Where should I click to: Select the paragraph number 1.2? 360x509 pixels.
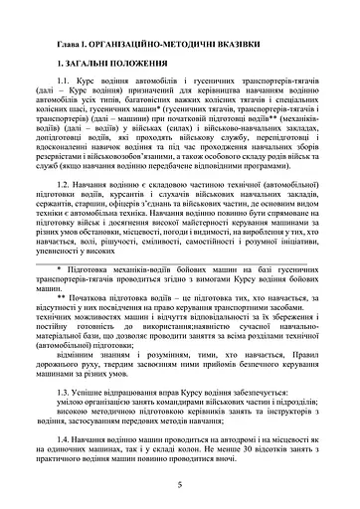click(x=67, y=185)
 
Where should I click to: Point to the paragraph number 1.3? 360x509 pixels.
click(x=67, y=394)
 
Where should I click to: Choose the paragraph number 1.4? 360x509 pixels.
click(x=67, y=438)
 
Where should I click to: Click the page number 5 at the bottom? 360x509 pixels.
click(x=180, y=485)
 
